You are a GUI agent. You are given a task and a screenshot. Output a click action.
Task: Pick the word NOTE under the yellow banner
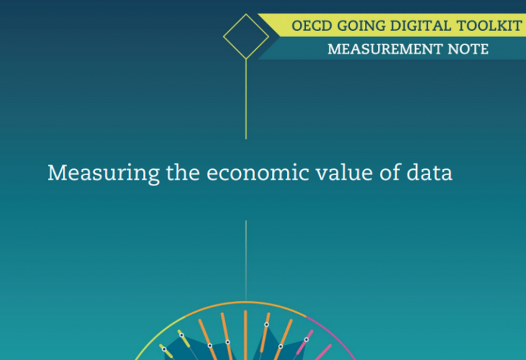(468, 49)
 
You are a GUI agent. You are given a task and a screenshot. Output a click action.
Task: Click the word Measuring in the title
(103, 174)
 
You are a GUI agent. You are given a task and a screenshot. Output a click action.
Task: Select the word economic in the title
(258, 173)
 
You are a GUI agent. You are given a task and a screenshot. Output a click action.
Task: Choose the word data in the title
(429, 172)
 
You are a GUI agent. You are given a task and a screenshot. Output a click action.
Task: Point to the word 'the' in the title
(183, 172)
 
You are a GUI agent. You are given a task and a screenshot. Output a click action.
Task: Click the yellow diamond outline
(234, 25)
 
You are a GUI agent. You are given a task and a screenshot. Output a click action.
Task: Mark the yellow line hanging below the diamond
(246, 99)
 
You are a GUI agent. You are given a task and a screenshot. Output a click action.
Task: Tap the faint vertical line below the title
(246, 261)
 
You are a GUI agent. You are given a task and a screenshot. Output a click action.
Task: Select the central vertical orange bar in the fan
(246, 335)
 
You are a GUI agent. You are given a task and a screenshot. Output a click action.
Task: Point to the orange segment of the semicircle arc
(246, 303)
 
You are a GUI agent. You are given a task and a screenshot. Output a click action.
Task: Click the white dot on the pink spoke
(306, 339)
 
